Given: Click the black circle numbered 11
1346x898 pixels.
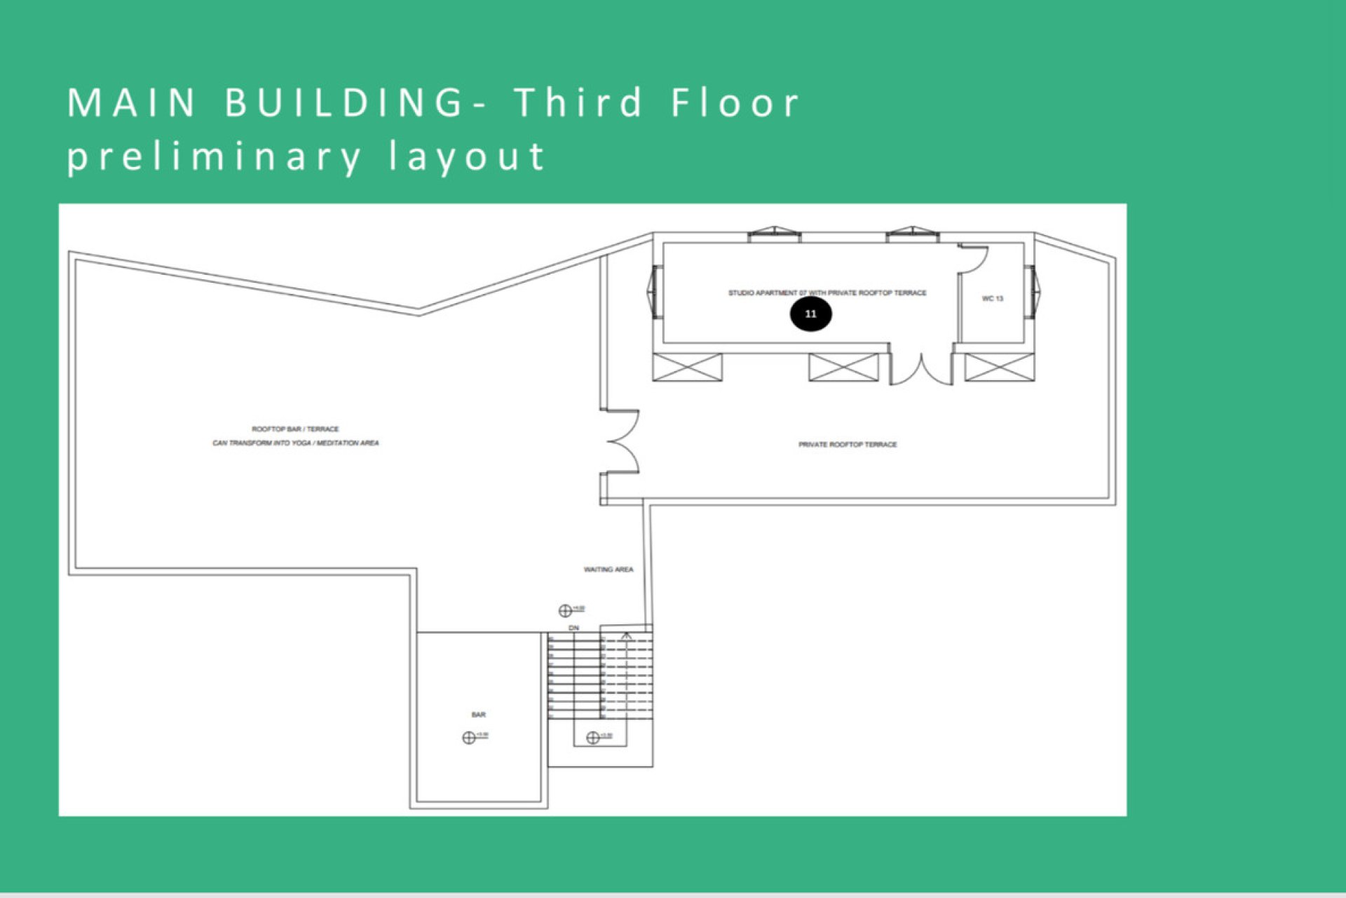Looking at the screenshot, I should click(x=810, y=314).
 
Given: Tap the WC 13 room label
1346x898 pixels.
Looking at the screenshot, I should click(x=992, y=299).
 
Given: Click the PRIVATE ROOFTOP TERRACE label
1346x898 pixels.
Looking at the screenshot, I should click(x=848, y=445).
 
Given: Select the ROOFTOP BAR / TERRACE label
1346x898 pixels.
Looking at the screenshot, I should click(x=295, y=429).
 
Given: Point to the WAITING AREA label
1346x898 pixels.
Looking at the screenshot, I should click(x=609, y=570).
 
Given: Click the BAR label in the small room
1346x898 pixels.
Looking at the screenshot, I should click(x=478, y=715).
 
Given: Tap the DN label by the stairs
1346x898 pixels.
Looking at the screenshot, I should click(x=574, y=628).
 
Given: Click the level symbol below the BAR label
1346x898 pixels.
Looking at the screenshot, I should click(x=469, y=737).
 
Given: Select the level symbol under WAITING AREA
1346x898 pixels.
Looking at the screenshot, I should click(x=565, y=610).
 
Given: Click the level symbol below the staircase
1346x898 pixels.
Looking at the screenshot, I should click(x=592, y=737).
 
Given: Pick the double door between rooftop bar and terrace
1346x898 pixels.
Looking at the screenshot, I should click(x=623, y=442).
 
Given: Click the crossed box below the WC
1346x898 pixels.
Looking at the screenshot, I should click(x=999, y=368).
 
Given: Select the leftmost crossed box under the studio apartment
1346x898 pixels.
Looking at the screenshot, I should click(x=687, y=368).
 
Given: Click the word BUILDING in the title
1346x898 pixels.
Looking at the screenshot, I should click(x=344, y=102).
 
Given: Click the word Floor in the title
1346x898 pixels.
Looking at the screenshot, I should click(x=735, y=102).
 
